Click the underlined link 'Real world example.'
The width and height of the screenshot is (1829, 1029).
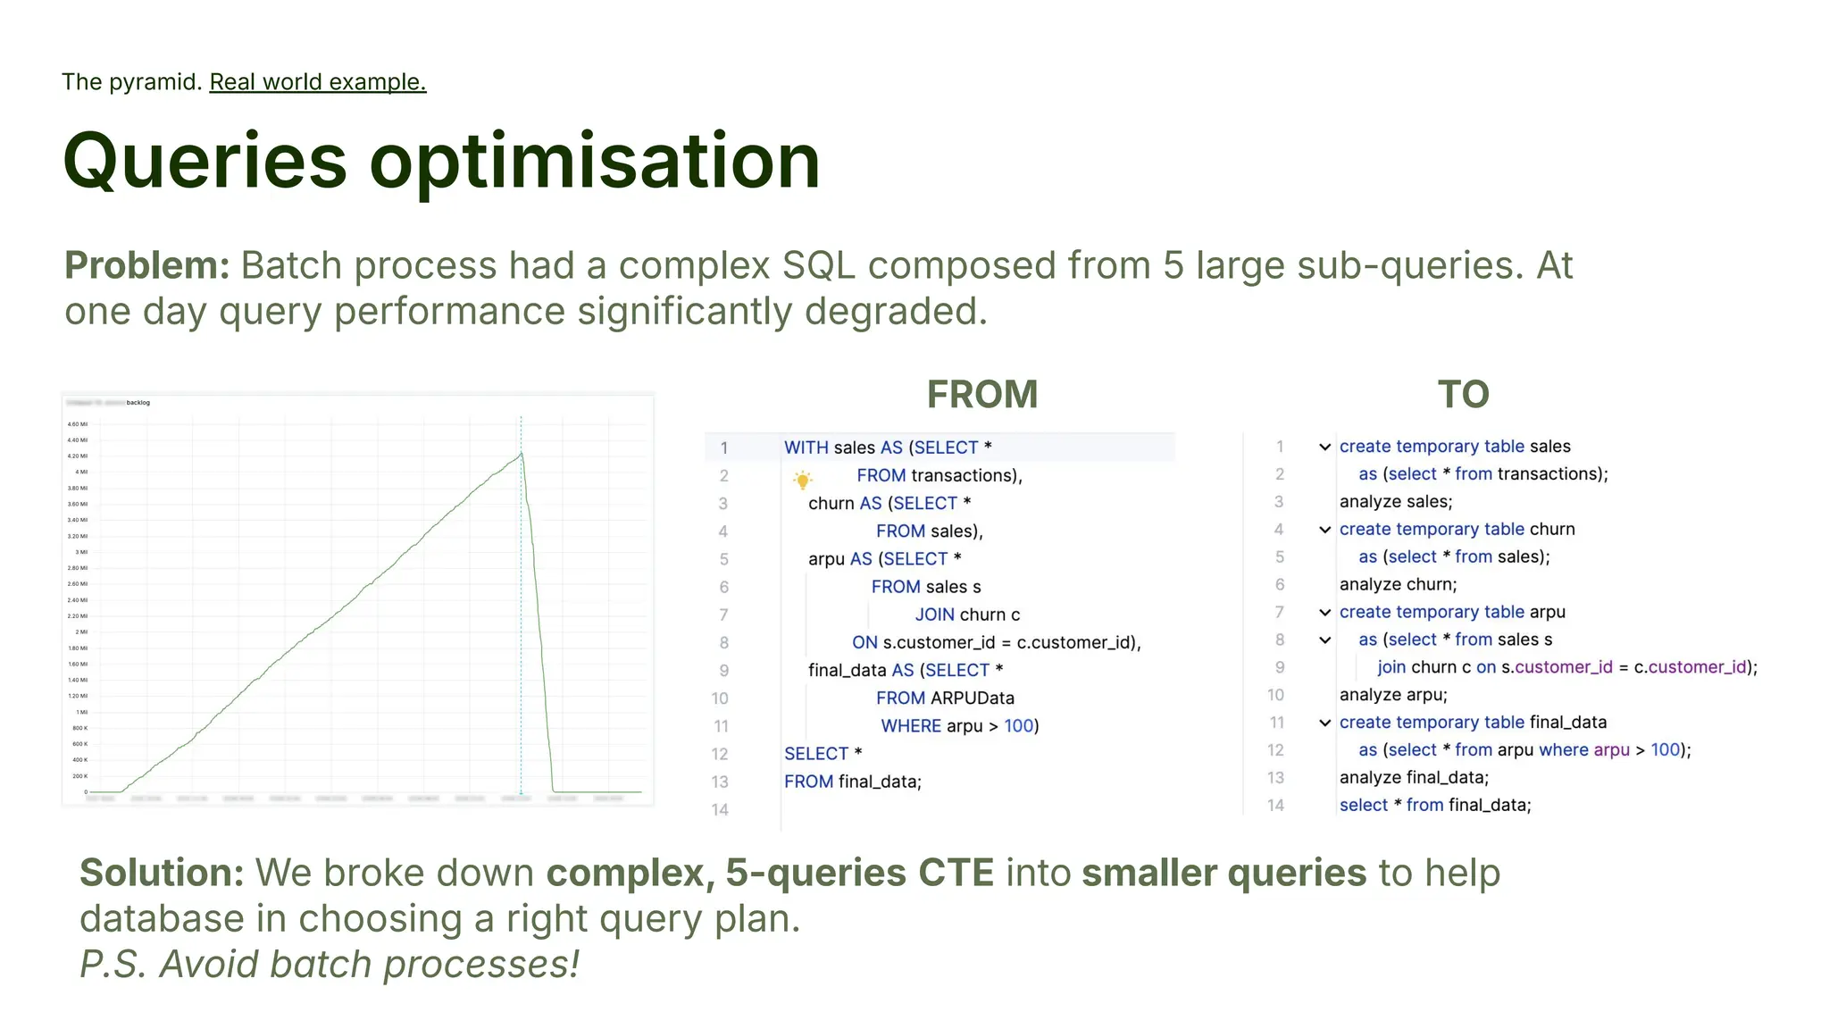[317, 82]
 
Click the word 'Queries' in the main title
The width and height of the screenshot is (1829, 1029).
[205, 162]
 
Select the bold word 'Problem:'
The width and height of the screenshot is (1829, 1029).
[146, 265]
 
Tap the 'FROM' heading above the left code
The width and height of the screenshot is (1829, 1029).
[981, 395]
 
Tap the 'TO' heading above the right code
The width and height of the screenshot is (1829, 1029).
[1463, 395]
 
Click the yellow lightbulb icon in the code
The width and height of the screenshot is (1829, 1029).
[802, 480]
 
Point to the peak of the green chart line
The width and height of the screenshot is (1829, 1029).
[521, 454]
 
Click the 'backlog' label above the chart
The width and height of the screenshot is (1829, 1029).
[138, 403]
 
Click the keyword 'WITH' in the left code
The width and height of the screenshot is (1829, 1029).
[806, 448]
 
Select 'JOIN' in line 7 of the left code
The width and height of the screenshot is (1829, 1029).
[934, 615]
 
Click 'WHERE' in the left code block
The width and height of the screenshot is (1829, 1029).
[910, 726]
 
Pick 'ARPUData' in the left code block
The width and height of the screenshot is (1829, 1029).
[972, 698]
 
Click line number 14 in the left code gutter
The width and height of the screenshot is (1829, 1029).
[720, 809]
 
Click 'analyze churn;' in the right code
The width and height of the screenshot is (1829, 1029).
[1398, 584]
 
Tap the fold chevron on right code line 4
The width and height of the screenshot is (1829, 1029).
[1325, 530]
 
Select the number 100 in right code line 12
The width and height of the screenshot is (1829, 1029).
[1665, 749]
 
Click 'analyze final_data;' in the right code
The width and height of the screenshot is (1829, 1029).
[1414, 777]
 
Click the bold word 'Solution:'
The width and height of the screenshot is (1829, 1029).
[162, 873]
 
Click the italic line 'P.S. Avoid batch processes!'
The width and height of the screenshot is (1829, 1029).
[330, 965]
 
